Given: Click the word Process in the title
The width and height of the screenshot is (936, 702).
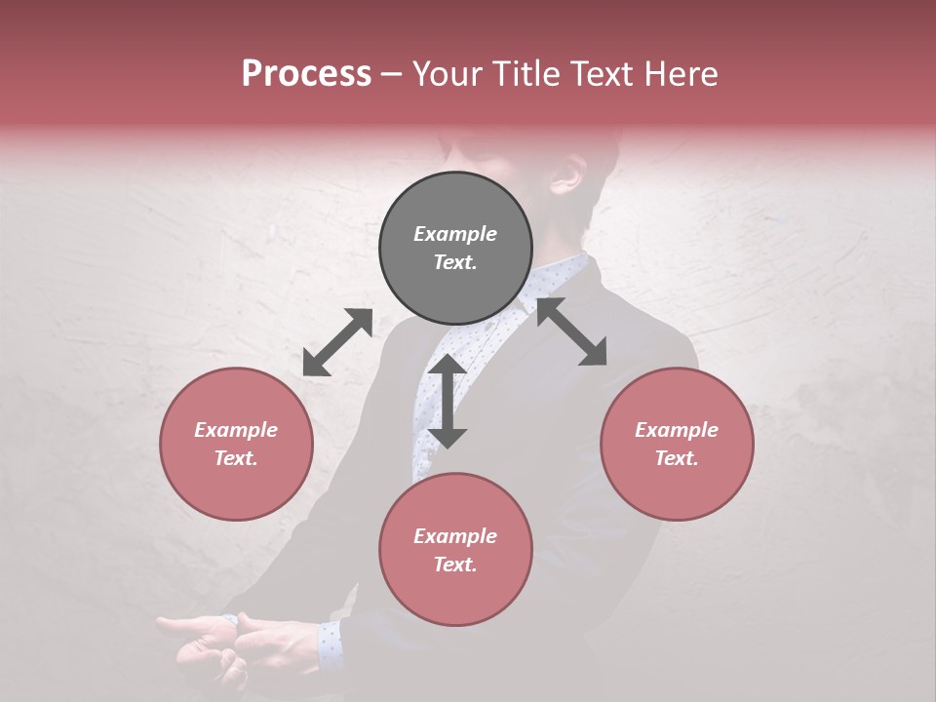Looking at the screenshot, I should pyautogui.click(x=306, y=74).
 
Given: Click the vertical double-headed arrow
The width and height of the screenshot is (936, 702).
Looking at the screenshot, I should pyautogui.click(x=448, y=401).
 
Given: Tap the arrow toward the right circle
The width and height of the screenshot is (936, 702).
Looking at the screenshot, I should pyautogui.click(x=571, y=331).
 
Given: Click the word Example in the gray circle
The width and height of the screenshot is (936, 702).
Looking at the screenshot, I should pyautogui.click(x=455, y=234).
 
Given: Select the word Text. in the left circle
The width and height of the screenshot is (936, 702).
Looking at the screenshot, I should pyautogui.click(x=236, y=458).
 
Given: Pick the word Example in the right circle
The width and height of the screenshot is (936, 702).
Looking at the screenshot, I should pyautogui.click(x=677, y=430).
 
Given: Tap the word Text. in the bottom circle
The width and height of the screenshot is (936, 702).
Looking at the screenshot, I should pyautogui.click(x=455, y=565).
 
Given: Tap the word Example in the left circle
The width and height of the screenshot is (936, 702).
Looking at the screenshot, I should pyautogui.click(x=236, y=430).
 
